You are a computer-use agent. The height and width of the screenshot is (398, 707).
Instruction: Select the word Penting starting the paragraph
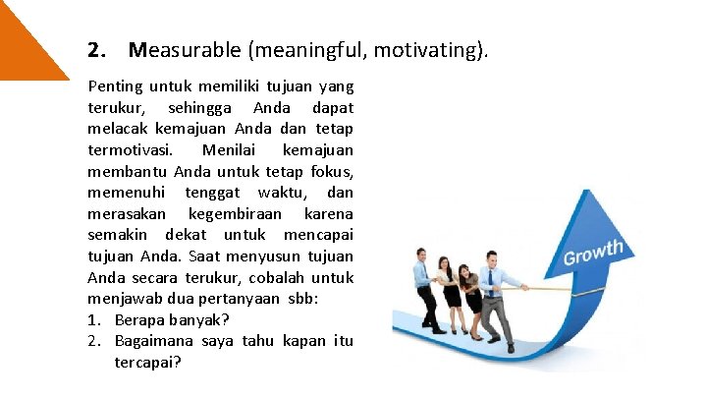[x=114, y=86]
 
